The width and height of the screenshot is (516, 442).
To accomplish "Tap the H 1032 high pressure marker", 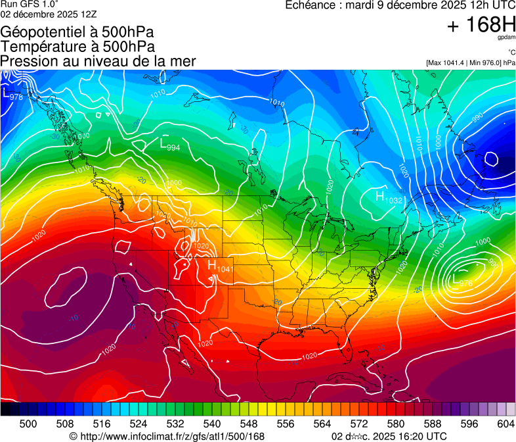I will pyautogui.click(x=388, y=197).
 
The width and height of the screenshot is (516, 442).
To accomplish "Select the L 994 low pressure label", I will pyautogui.click(x=170, y=144).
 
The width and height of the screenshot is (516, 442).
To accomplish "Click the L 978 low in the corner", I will pyautogui.click(x=12, y=95).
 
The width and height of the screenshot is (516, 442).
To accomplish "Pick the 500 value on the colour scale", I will pyautogui.click(x=28, y=423).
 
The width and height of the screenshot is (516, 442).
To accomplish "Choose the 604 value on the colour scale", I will pyautogui.click(x=505, y=423).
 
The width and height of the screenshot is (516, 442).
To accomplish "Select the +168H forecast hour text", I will pyautogui.click(x=481, y=25).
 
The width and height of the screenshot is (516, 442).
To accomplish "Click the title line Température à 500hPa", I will pyautogui.click(x=77, y=46).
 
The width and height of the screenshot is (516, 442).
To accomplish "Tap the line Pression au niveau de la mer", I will pyautogui.click(x=98, y=61).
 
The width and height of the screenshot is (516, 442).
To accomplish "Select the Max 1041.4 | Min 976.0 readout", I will pyautogui.click(x=470, y=63).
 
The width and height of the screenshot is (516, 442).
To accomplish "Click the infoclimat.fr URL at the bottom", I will pyautogui.click(x=167, y=436).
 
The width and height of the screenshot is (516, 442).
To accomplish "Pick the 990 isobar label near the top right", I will pyautogui.click(x=477, y=116).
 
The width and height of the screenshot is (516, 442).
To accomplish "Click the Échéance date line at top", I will pyautogui.click(x=400, y=5).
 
